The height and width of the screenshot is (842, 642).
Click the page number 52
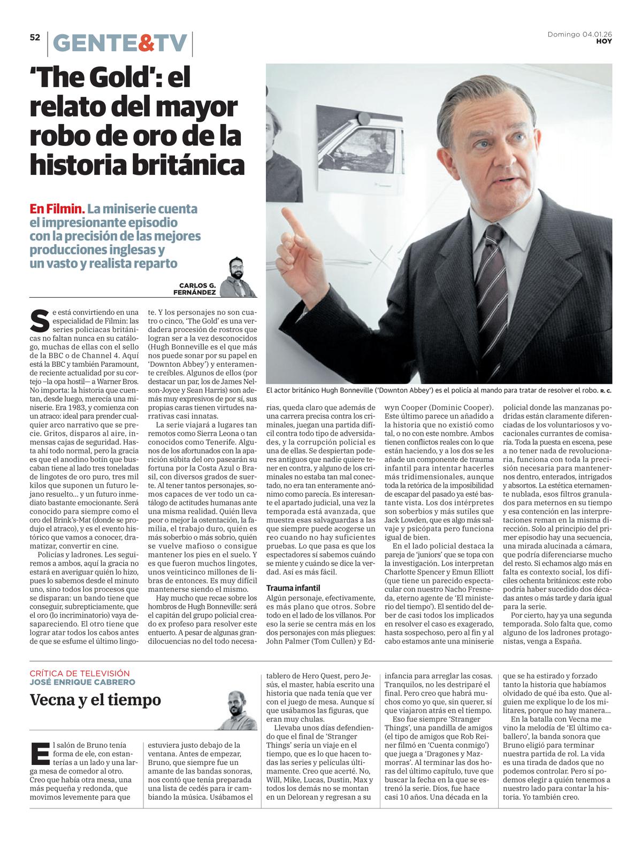[35, 37]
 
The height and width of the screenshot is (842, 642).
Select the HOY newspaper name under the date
[604, 41]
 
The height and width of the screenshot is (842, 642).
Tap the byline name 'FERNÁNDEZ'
[195, 293]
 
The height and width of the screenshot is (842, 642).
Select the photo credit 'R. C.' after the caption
[606, 391]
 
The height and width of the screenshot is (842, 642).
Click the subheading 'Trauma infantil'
[293, 588]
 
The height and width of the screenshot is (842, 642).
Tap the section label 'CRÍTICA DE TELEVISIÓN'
[80, 674]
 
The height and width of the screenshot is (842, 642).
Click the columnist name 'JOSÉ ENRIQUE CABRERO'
[82, 682]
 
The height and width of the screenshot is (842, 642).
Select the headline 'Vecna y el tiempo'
[95, 700]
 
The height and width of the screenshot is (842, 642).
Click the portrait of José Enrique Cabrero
[236, 710]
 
